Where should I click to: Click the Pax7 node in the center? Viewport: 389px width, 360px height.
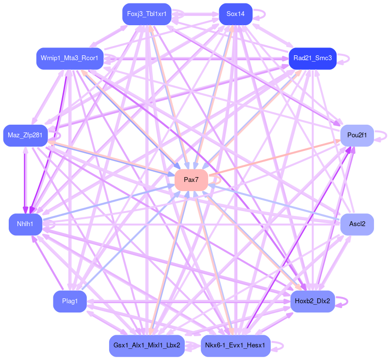point(191,180)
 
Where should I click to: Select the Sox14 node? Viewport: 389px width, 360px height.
point(235,14)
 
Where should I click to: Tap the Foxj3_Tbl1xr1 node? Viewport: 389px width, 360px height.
point(146,14)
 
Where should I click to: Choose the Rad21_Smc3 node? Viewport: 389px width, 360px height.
point(312,58)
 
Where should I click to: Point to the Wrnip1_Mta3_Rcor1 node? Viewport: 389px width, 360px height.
point(70,58)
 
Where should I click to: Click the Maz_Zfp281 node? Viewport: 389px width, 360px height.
point(25,135)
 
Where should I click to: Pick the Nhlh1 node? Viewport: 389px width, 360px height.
point(25,225)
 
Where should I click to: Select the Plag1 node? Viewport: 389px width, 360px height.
point(70,301)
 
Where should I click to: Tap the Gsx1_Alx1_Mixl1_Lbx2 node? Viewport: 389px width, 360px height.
point(146,345)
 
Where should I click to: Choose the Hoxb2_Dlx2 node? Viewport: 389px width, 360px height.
point(312,301)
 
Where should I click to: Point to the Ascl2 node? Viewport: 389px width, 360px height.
point(357,224)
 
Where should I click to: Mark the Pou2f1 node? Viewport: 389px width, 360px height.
point(357,135)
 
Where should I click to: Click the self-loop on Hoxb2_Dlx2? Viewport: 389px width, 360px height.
point(342,301)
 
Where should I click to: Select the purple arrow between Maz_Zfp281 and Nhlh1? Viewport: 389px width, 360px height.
point(25,180)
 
